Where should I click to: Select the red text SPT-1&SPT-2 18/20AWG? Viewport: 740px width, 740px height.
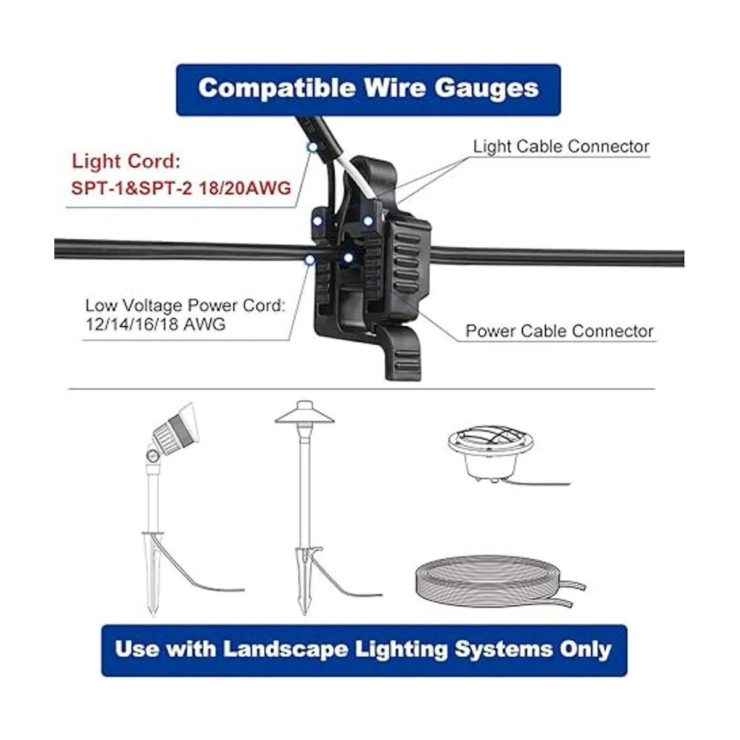tap(181, 187)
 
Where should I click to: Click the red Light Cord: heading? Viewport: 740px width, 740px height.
tap(126, 162)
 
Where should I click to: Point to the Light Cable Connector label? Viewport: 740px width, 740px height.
tap(561, 147)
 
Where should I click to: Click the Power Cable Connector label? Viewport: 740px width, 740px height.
tap(559, 331)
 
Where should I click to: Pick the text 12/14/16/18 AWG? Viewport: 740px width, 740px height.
tap(155, 324)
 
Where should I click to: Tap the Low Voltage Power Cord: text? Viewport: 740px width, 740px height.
tap(185, 305)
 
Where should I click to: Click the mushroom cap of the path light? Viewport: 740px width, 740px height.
tap(305, 414)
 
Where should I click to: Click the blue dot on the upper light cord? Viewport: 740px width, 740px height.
tap(313, 147)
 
